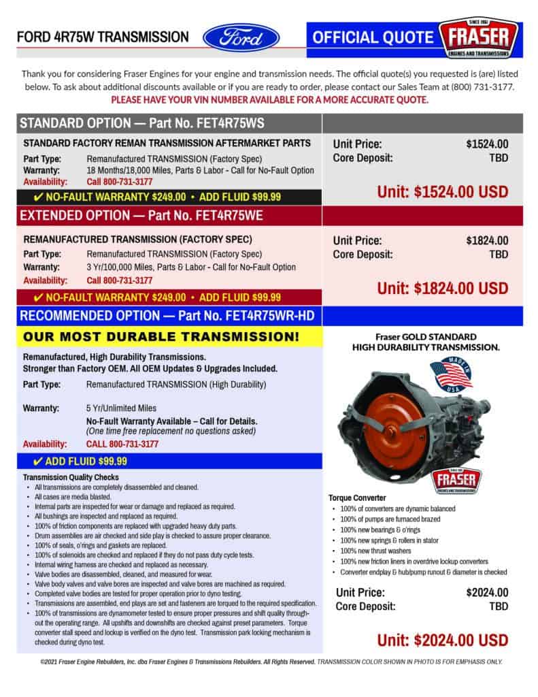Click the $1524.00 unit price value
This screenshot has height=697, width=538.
tap(487, 144)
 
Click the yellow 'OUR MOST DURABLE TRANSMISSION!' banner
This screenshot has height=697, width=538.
tap(161, 336)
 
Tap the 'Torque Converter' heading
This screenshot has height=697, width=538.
tap(358, 498)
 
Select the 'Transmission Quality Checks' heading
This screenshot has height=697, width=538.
tap(71, 477)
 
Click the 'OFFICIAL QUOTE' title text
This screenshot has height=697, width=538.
tap(372, 37)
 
